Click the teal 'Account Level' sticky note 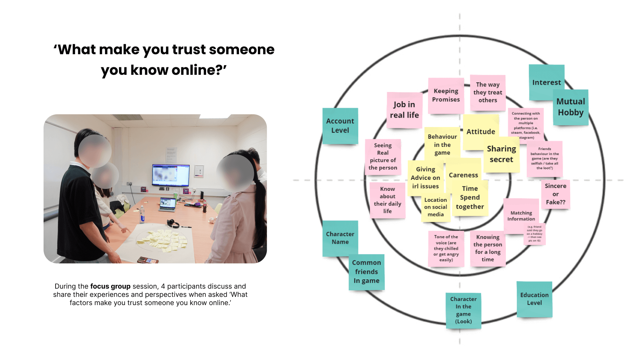click(340, 126)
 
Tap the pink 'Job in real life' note click(404, 110)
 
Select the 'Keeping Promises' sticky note click(446, 95)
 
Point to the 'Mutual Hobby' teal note click(571, 107)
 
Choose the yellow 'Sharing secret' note click(501, 154)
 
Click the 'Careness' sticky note click(463, 175)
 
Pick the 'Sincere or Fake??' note click(556, 194)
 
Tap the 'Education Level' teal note click(534, 299)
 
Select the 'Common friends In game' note click(366, 271)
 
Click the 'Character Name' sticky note click(340, 238)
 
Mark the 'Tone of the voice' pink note click(446, 248)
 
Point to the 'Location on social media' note click(436, 207)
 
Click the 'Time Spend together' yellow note click(470, 198)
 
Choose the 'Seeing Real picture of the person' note click(383, 156)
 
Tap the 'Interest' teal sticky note click(546, 82)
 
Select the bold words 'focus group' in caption click(110, 286)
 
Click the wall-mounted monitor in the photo click(170, 175)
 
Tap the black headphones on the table click(173, 224)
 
